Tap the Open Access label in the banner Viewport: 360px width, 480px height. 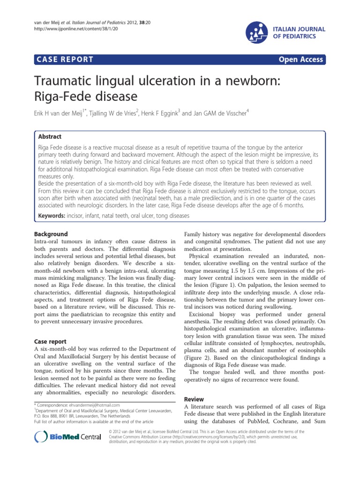click(x=300, y=59)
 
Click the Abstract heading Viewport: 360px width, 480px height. click(x=50, y=136)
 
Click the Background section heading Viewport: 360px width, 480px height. click(x=51, y=234)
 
